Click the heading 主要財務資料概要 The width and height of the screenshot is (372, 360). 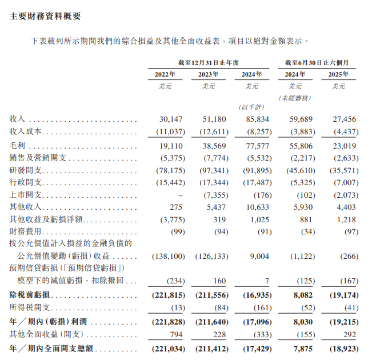pyautogui.click(x=45, y=17)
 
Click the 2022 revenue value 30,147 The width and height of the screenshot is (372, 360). pyautogui.click(x=171, y=119)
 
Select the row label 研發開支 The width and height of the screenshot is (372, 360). pyautogui.click(x=26, y=170)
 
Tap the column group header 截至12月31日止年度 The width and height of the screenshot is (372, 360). pyautogui.click(x=208, y=62)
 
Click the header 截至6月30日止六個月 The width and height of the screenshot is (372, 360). pyautogui.click(x=317, y=62)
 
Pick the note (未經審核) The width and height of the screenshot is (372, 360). pyautogui.click(x=295, y=98)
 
